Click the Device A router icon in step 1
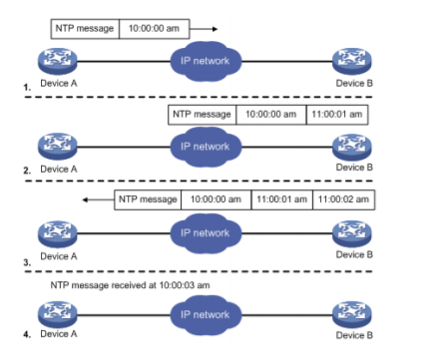click(58, 62)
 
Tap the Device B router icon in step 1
click(352, 62)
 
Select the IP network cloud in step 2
click(206, 147)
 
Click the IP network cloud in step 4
click(206, 315)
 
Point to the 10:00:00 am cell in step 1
click(155, 29)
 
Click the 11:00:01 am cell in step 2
click(337, 115)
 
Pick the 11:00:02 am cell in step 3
click(344, 199)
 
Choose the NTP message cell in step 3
click(148, 199)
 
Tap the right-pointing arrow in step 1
click(204, 29)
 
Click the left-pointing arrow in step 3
click(98, 199)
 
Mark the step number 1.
click(27, 88)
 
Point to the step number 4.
click(27, 334)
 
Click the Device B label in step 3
click(354, 254)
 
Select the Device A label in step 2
click(59, 170)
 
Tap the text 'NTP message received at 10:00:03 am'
click(130, 285)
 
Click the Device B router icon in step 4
click(352, 315)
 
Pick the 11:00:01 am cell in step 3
click(282, 199)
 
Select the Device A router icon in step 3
click(58, 233)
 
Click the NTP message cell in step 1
click(85, 29)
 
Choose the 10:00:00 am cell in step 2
click(271, 115)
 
